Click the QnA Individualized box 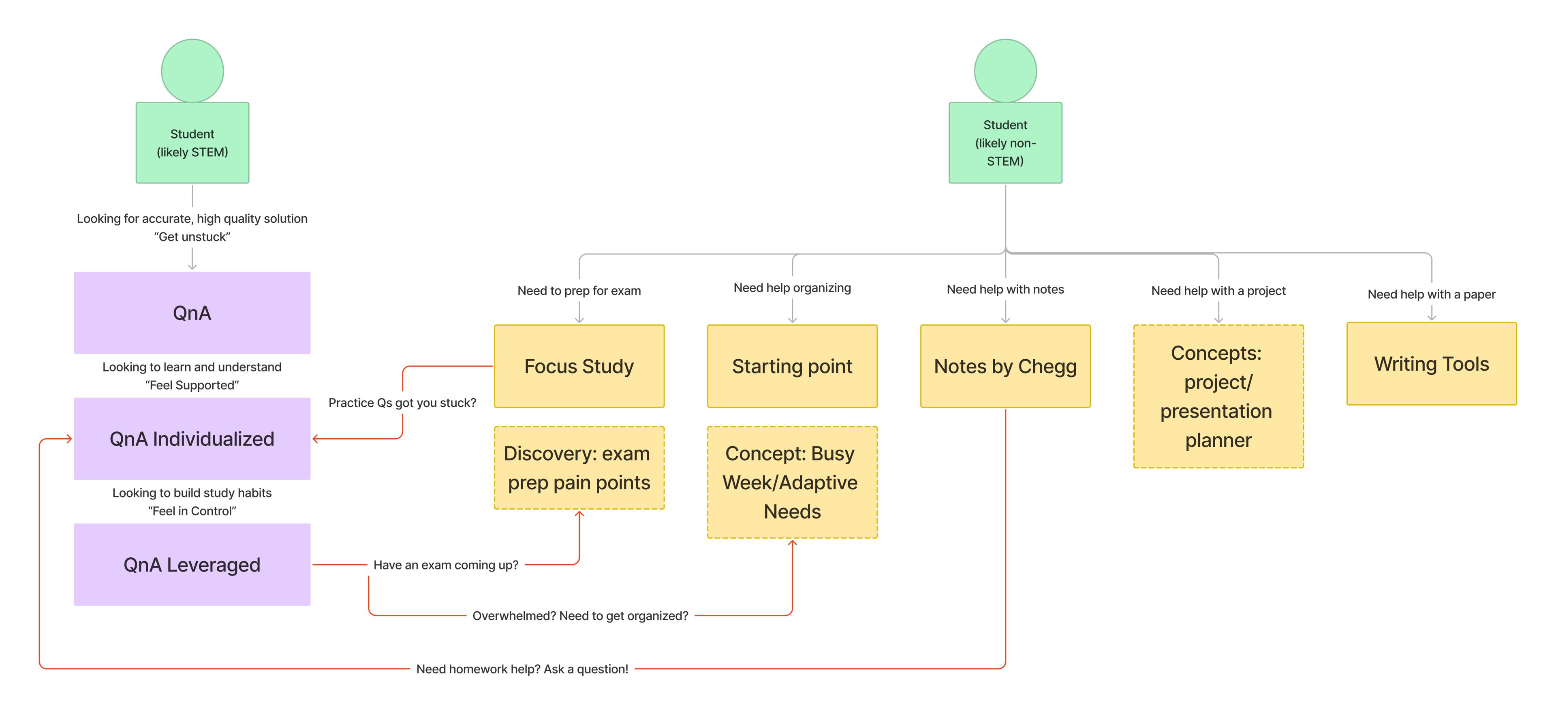[x=192, y=439]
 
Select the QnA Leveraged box [x=192, y=564]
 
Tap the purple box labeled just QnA [x=192, y=313]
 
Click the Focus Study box [x=579, y=366]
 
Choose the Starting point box [x=792, y=366]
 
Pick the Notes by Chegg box [x=1005, y=366]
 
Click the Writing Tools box [x=1431, y=363]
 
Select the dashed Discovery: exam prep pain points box [x=579, y=468]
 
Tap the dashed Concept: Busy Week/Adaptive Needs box [x=792, y=482]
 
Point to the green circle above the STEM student [x=192, y=70]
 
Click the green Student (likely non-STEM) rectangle [x=1005, y=143]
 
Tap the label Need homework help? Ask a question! [x=522, y=669]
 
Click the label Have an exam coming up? [x=446, y=565]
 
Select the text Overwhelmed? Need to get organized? [x=580, y=616]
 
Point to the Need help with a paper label [x=1431, y=294]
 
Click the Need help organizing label [x=792, y=288]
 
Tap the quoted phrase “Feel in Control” [x=192, y=511]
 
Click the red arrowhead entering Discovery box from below [x=579, y=514]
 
